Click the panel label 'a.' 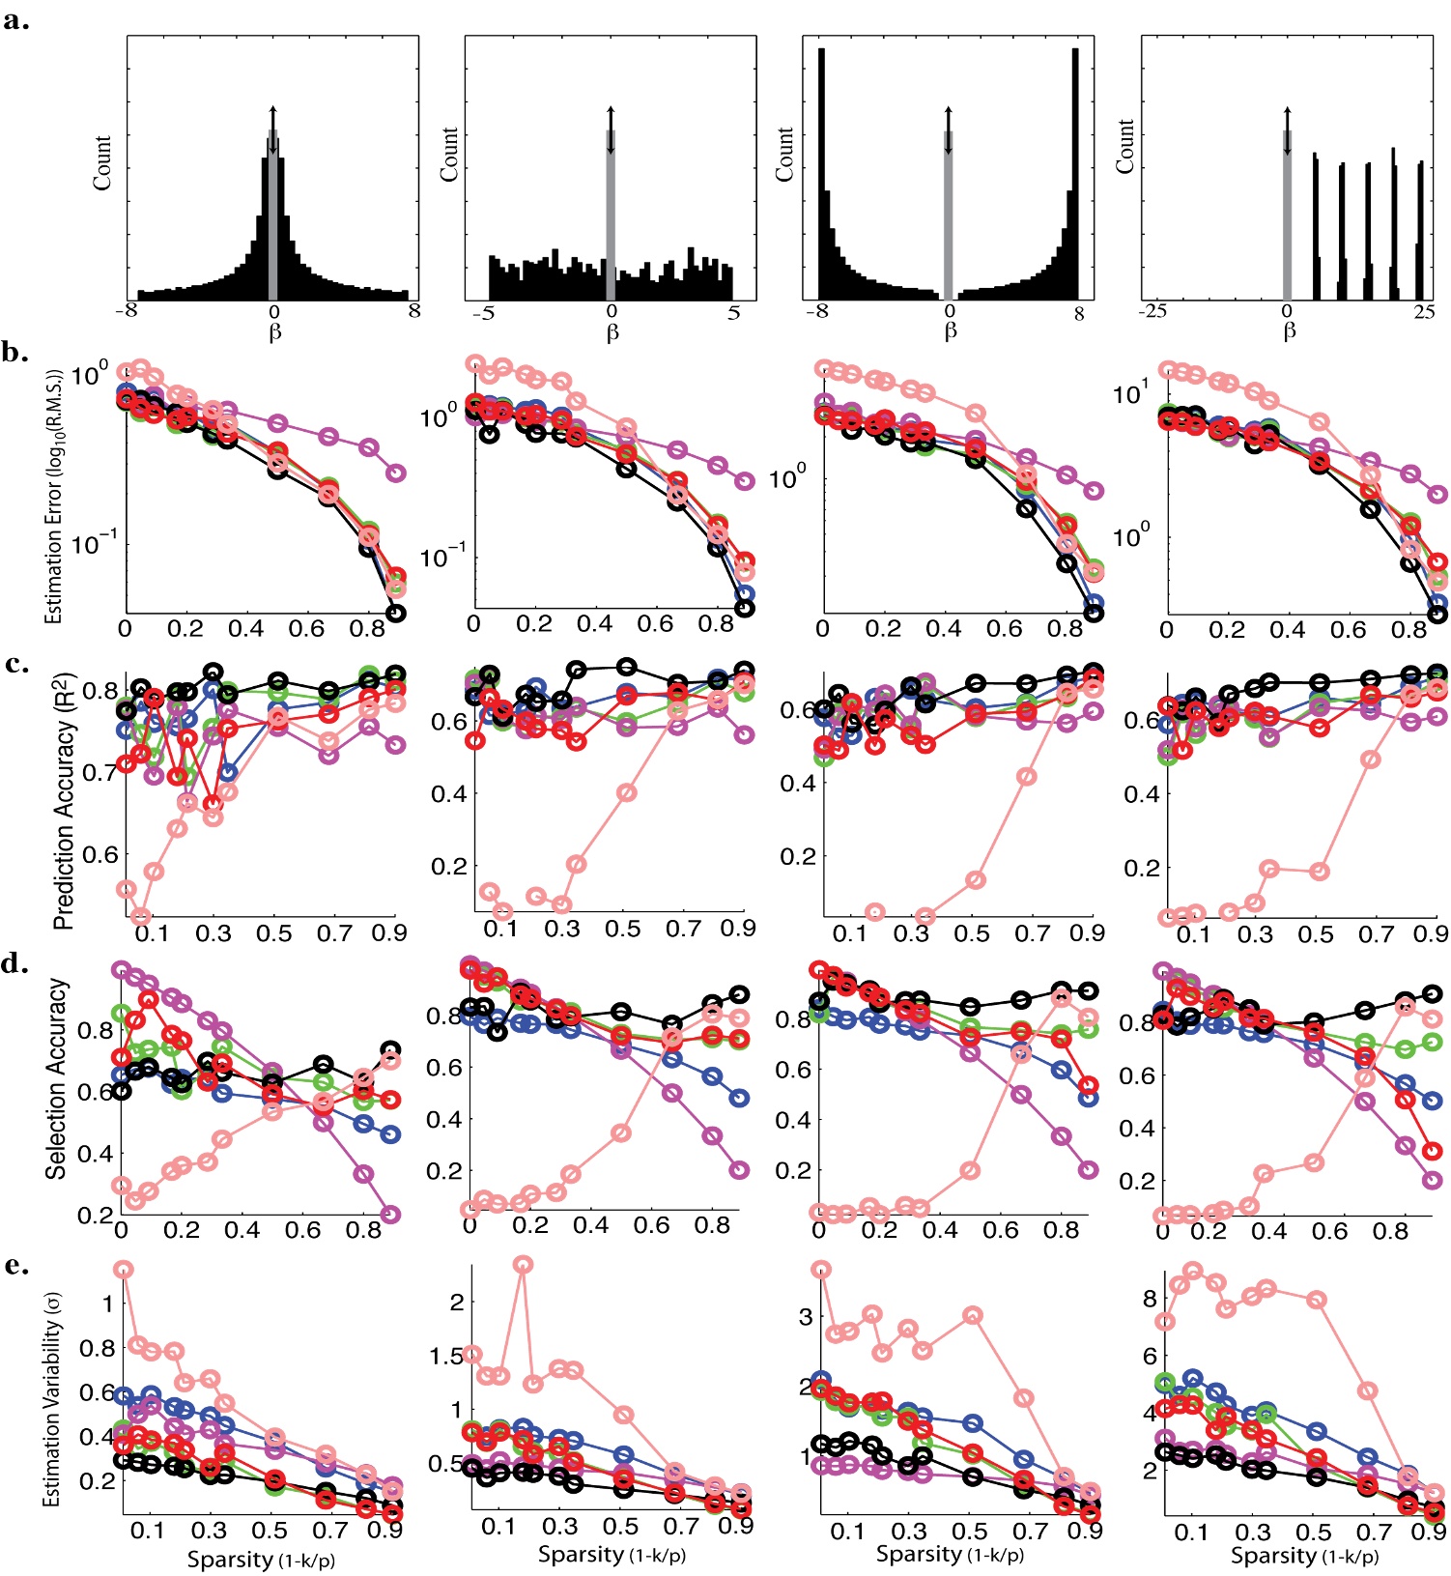coord(15,20)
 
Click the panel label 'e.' coord(15,1266)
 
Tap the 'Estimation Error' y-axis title coord(55,496)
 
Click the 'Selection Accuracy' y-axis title coord(57,1078)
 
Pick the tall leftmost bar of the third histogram coord(821,174)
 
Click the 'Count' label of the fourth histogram coord(1124,147)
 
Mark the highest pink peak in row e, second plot coord(523,1264)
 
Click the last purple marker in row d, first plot coord(391,1215)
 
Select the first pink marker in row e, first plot coord(124,1270)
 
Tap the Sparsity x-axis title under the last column coord(1304,1556)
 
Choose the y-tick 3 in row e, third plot coord(807,1316)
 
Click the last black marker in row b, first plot coord(395,613)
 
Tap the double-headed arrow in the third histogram coord(948,130)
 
